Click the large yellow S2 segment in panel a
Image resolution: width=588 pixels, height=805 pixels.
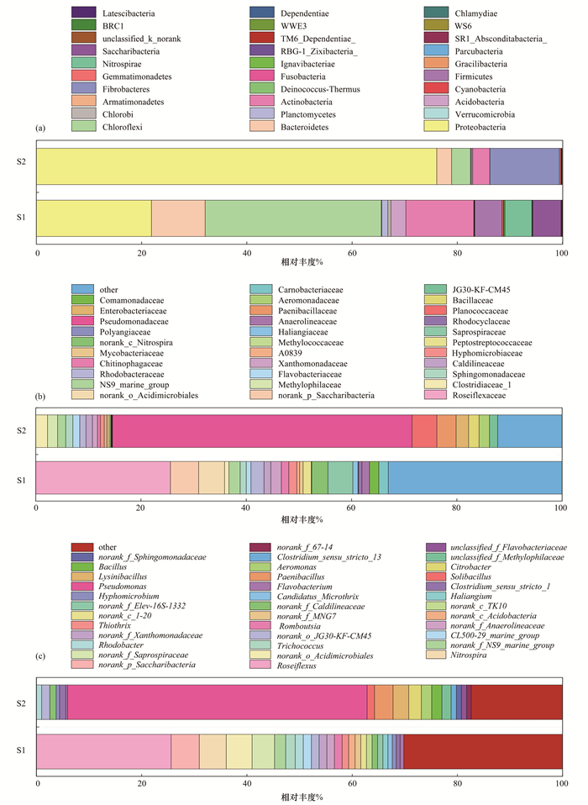(x=236, y=166)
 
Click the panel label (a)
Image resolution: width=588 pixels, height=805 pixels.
(x=41, y=128)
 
